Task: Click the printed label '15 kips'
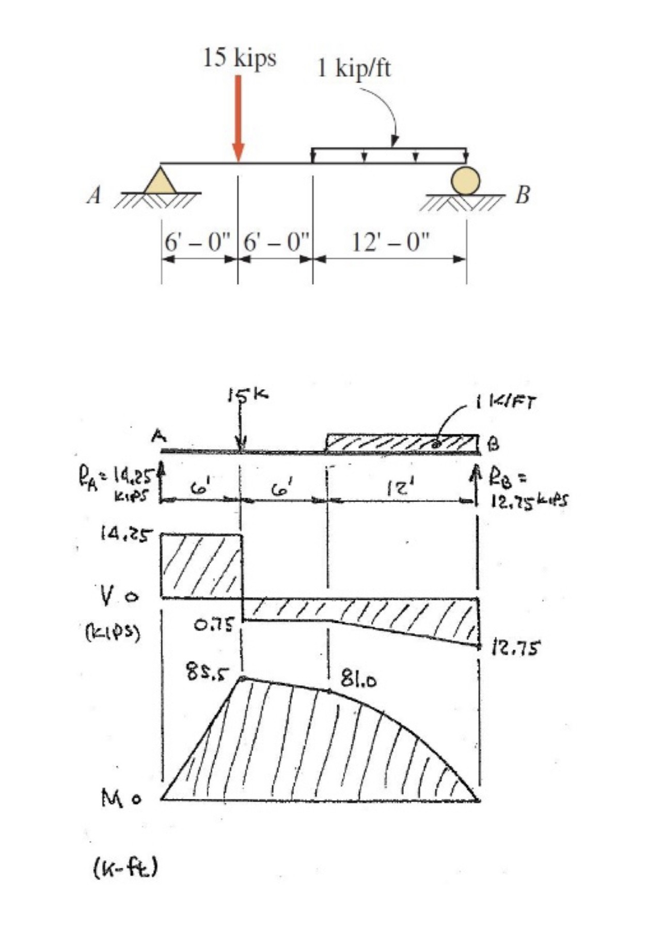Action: [x=240, y=57]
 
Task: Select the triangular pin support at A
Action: [x=160, y=181]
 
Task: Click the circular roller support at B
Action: [x=465, y=180]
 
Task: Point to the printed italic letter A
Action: [x=93, y=196]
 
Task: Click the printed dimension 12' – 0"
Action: [x=390, y=242]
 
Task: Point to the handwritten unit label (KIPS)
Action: [x=112, y=632]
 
